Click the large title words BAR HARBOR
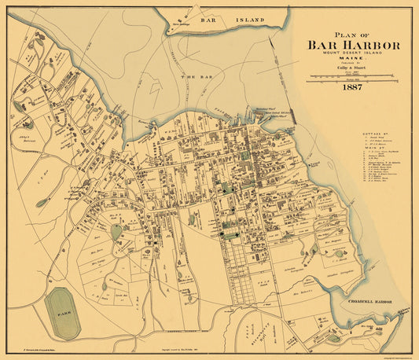coord(353,45)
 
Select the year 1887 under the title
coord(353,88)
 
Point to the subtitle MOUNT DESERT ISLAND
coord(353,54)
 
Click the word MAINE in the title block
coord(353,60)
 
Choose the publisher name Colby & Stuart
coord(353,69)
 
